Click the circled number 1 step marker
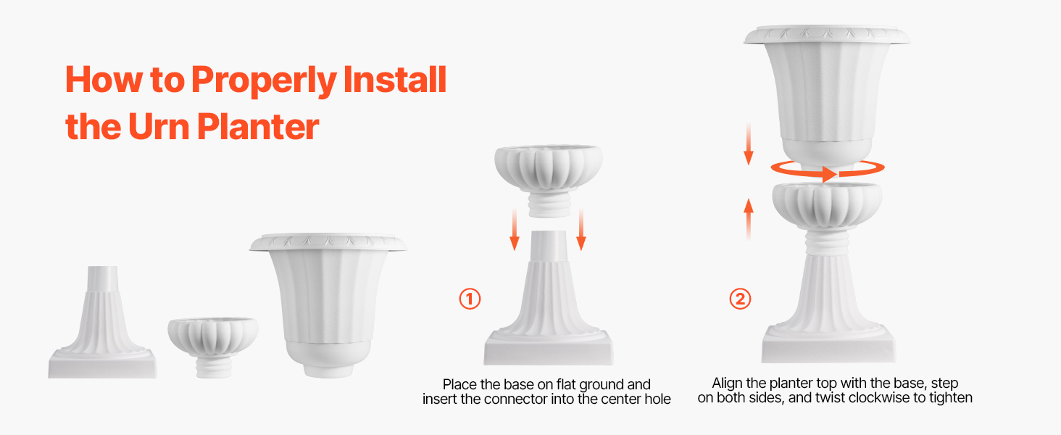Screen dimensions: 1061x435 click(x=470, y=299)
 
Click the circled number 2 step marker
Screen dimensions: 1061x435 click(x=740, y=299)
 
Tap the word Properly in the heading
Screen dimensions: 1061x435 click(x=264, y=80)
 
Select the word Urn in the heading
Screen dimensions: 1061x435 click(x=159, y=127)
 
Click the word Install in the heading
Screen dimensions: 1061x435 click(x=394, y=79)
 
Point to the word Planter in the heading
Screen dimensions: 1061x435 click(x=258, y=127)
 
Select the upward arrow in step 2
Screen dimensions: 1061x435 click(x=749, y=220)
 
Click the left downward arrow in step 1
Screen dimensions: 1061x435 click(x=515, y=230)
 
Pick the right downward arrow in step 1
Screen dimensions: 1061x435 click(x=581, y=230)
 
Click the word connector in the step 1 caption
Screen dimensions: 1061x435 click(x=516, y=399)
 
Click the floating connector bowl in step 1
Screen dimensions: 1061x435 click(x=549, y=181)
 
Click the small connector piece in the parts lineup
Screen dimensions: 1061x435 click(x=213, y=347)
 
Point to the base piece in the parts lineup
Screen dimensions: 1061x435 click(x=102, y=322)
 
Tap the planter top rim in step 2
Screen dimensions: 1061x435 click(x=826, y=36)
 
